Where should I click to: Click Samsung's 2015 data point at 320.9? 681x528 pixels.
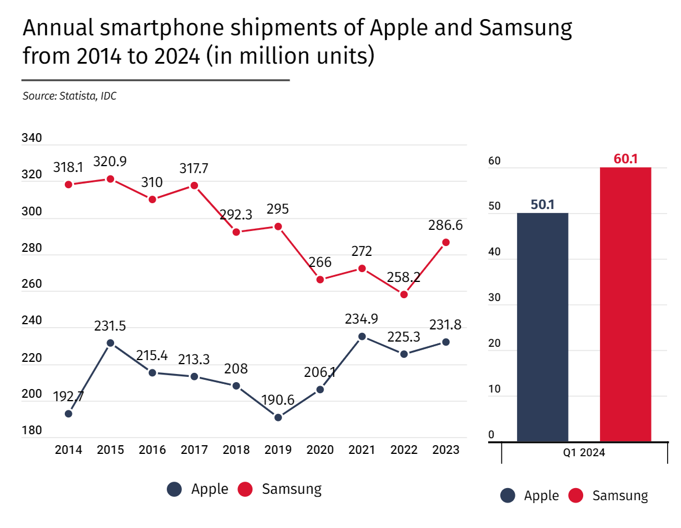(110, 179)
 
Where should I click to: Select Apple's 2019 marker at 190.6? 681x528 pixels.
(278, 417)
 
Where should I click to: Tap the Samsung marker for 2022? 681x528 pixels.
(404, 295)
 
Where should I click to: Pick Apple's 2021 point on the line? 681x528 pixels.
(362, 336)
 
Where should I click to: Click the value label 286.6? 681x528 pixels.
(445, 225)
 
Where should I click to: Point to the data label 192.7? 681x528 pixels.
(68, 397)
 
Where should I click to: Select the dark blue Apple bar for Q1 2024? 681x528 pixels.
(543, 327)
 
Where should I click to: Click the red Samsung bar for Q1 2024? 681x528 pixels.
(625, 305)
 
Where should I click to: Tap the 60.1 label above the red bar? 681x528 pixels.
(625, 159)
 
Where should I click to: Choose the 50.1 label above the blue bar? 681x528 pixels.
(543, 204)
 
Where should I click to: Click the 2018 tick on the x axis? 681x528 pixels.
(236, 450)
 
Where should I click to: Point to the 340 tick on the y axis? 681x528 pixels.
(31, 138)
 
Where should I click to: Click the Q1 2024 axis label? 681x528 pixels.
(584, 453)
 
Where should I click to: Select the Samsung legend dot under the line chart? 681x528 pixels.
(246, 489)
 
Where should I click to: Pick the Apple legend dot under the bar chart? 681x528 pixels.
(508, 496)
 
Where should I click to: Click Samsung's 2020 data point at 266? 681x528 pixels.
(320, 280)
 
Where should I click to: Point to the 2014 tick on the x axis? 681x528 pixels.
(68, 450)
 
